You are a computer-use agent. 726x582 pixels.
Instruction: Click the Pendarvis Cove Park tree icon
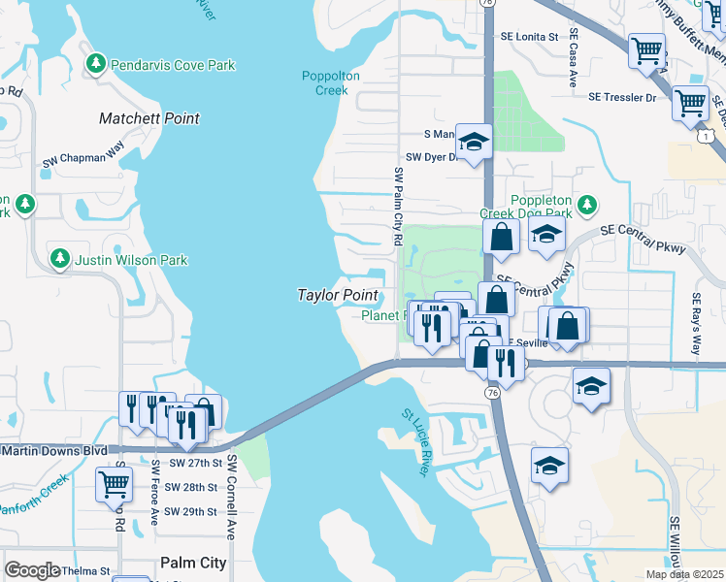click(x=95, y=65)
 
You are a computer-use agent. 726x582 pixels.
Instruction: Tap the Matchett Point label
click(x=149, y=118)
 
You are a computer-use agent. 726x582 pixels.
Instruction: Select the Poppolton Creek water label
click(x=331, y=82)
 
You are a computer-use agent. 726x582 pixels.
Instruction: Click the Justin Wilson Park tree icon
click(x=60, y=259)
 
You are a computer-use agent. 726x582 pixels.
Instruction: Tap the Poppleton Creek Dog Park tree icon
click(x=586, y=205)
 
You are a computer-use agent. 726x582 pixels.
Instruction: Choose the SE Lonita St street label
click(x=529, y=36)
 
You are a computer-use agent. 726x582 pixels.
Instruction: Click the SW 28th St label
click(x=190, y=488)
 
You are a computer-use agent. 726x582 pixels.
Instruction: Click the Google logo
click(x=33, y=570)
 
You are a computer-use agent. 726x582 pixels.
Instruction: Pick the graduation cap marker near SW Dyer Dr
click(x=474, y=144)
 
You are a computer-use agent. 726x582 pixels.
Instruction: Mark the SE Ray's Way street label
click(x=695, y=324)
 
